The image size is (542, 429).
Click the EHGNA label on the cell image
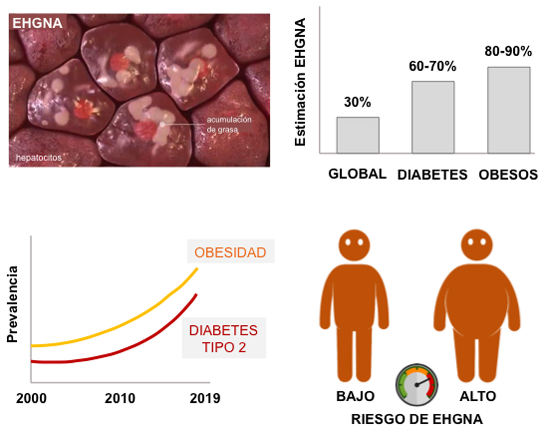pos(37,23)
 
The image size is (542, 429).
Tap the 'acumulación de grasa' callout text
pos(229,125)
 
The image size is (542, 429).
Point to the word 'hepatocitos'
pos(38,158)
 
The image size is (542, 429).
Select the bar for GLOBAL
pos(358,135)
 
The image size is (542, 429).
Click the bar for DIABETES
pos(433,117)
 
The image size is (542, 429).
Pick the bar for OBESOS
pos(509,110)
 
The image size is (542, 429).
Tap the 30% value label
pos(357,102)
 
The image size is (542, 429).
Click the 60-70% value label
pos(432,66)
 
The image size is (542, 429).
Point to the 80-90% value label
pos(508,52)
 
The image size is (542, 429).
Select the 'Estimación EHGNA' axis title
pos(300,82)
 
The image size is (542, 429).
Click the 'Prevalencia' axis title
pos(12,304)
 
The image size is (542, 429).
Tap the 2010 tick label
pos(120,398)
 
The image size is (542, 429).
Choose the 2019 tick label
pos(205,398)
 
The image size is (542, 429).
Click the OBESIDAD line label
pos(230,252)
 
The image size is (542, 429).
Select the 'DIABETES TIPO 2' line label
pos(223,339)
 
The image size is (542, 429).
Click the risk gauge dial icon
pos(416,385)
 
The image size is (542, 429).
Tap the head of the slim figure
pos(354,244)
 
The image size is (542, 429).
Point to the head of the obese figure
pos(477,244)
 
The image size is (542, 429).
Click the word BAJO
pos(355,396)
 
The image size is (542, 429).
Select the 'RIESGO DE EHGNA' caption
pos(417,419)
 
